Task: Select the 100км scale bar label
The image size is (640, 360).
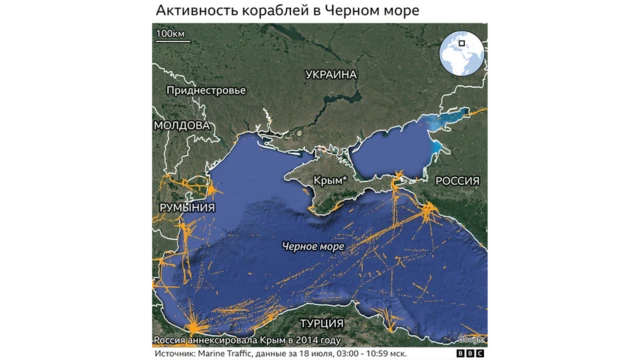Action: [169, 35]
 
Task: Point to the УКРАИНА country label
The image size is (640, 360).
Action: [331, 75]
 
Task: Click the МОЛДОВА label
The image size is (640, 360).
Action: [182, 126]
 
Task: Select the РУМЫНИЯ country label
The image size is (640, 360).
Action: [187, 206]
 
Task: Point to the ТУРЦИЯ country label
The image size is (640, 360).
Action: [320, 324]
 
